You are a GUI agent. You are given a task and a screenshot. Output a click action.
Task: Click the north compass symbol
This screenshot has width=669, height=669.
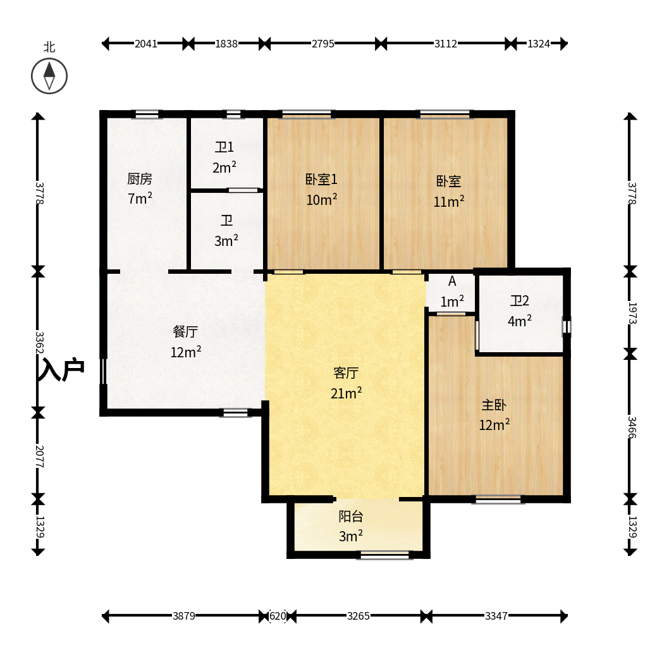(49, 76)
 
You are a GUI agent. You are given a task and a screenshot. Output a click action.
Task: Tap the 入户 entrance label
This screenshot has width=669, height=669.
(61, 369)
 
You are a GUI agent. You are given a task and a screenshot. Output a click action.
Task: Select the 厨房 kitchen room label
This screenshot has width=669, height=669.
(140, 179)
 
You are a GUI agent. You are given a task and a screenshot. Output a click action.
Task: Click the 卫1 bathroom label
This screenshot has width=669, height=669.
(224, 147)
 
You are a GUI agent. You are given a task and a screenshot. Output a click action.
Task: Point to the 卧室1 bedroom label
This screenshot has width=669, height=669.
(321, 179)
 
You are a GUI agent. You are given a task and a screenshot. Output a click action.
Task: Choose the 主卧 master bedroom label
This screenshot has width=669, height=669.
(494, 405)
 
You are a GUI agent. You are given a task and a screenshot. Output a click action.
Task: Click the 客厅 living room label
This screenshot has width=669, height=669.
(346, 373)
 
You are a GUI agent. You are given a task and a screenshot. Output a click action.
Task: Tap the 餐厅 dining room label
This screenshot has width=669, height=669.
(186, 331)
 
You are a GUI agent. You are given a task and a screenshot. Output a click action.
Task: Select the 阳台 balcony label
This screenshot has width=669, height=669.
(351, 516)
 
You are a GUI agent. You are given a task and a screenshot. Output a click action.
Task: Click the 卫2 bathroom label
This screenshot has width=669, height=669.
(520, 301)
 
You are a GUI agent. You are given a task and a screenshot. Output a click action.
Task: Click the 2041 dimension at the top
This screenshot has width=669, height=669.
(146, 44)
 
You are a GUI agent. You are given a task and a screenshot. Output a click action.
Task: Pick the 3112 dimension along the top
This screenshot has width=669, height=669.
(445, 44)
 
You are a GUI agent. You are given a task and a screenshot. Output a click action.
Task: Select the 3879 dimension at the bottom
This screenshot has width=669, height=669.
(184, 616)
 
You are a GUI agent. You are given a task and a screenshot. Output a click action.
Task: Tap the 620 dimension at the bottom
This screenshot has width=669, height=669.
(278, 616)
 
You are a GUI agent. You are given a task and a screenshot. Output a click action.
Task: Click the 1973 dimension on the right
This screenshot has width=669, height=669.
(632, 313)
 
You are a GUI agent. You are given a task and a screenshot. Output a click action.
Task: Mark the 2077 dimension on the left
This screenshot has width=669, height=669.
(39, 456)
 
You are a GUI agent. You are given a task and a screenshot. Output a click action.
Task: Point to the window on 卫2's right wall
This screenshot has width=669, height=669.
(567, 327)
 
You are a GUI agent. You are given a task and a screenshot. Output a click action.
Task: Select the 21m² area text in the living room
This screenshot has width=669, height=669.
(346, 393)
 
